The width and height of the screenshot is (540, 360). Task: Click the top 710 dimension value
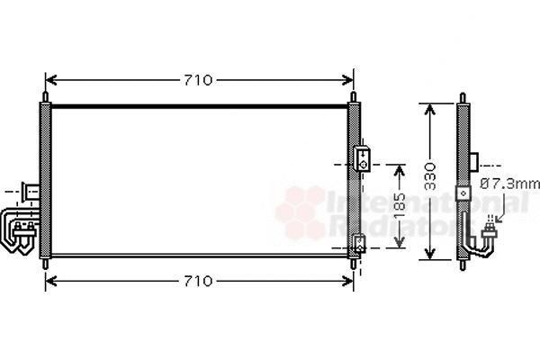[x=198, y=81]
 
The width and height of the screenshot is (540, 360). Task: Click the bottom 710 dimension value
[x=198, y=282]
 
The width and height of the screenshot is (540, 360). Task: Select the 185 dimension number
[x=400, y=206]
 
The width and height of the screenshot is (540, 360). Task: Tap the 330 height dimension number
[x=430, y=176]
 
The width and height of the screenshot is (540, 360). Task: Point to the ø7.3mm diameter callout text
[x=510, y=184]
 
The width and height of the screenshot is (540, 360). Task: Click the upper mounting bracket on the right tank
[x=363, y=158]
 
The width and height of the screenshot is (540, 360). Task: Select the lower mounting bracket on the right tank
[x=360, y=244]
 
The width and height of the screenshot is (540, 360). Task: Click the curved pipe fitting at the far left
[x=17, y=230]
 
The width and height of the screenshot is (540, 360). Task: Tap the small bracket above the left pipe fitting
[x=31, y=192]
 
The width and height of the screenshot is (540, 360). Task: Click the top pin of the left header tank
[x=45, y=97]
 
